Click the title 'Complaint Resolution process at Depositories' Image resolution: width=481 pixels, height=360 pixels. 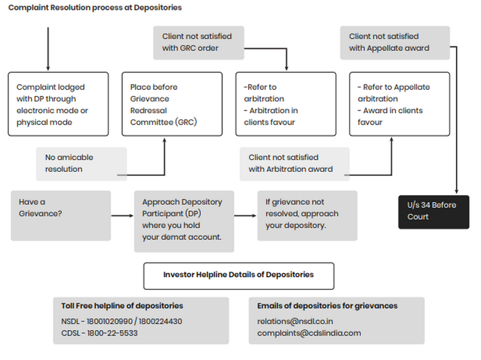[95, 8]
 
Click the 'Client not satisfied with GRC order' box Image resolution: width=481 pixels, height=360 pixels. [197, 42]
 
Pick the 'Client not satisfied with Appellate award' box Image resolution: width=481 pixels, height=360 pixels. [394, 42]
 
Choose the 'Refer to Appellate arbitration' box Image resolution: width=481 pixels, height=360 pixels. [394, 104]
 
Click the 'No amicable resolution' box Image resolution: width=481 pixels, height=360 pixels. [81, 163]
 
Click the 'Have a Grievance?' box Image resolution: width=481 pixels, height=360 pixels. [60, 215]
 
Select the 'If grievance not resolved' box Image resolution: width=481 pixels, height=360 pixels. [307, 215]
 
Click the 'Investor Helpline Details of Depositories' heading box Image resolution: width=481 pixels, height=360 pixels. [238, 275]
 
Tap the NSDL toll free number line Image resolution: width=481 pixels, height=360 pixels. [122, 321]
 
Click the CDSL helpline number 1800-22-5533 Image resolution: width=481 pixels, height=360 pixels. [99, 333]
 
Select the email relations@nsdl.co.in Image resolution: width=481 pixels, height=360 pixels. [295, 321]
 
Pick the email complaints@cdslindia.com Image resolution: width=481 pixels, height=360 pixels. [309, 333]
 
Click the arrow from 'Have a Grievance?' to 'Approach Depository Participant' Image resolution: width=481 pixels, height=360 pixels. [122, 216]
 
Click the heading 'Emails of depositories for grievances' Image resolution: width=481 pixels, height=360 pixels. [327, 306]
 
